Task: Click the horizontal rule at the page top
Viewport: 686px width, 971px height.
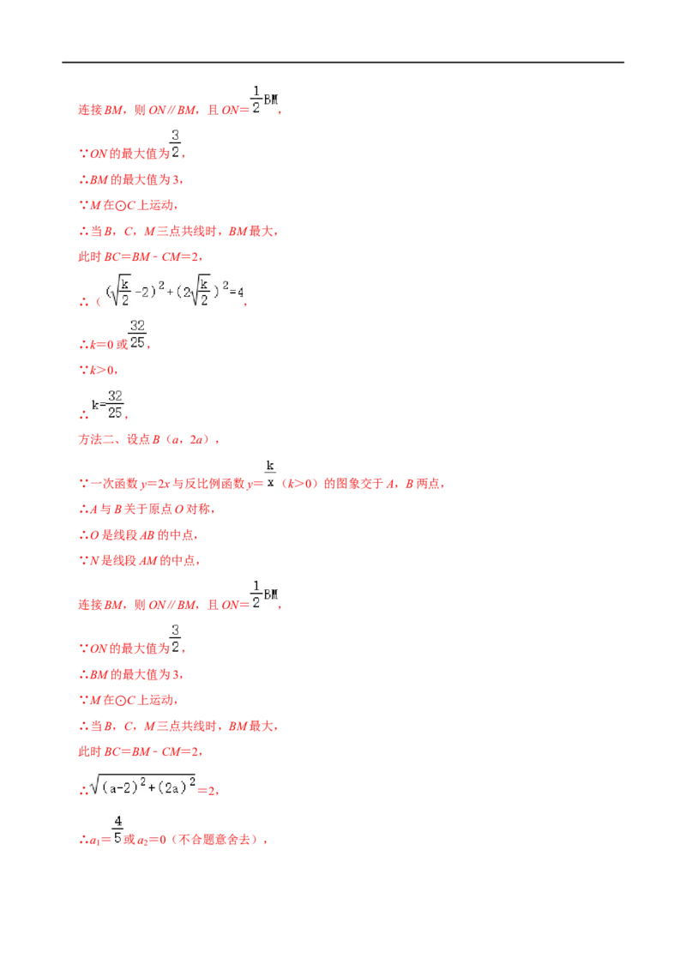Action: pyautogui.click(x=343, y=63)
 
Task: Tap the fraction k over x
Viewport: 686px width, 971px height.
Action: pyautogui.click(x=270, y=473)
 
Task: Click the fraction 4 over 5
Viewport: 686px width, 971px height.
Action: pyautogui.click(x=117, y=830)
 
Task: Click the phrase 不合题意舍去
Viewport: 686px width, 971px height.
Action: pyautogui.click(x=214, y=840)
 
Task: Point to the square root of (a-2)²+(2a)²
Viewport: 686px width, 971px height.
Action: pyautogui.click(x=143, y=785)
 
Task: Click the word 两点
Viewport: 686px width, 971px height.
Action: pyautogui.click(x=428, y=484)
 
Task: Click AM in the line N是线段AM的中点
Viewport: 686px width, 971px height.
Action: pyautogui.click(x=149, y=560)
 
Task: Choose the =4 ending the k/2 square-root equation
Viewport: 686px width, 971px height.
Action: pyautogui.click(x=238, y=292)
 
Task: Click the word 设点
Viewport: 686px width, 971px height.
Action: pyautogui.click(x=139, y=440)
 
